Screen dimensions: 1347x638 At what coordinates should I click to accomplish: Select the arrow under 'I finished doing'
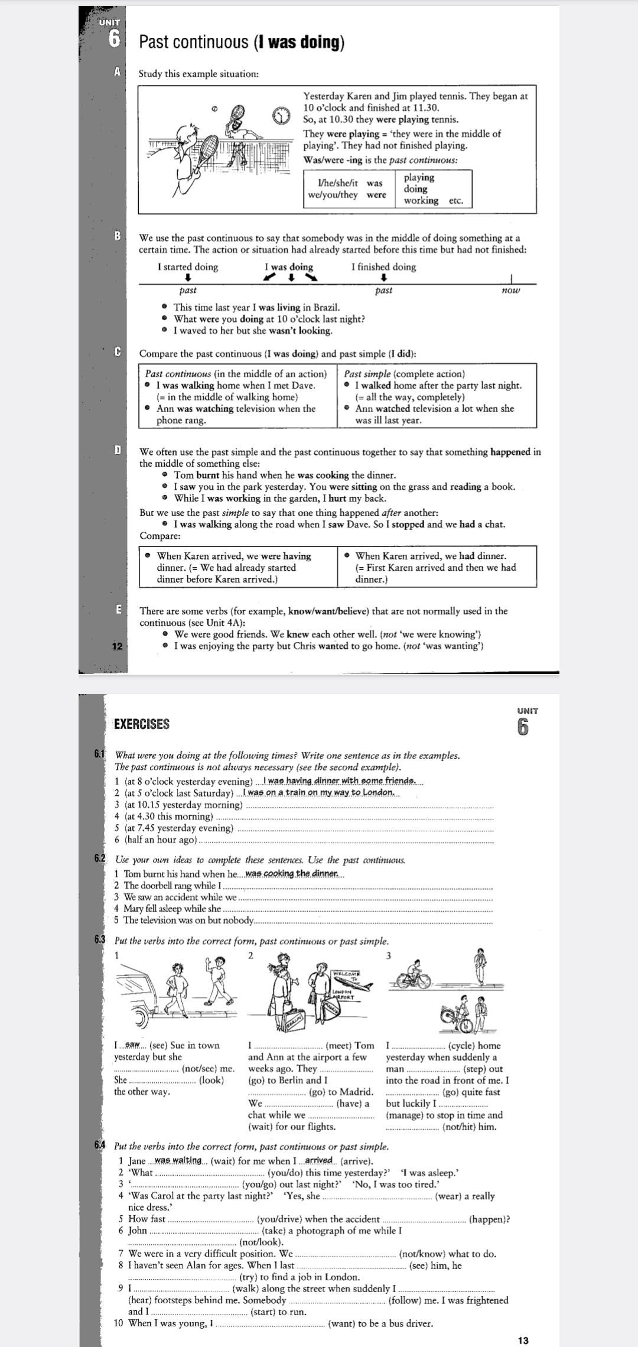coord(383,278)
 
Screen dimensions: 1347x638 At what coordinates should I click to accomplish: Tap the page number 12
coord(117,646)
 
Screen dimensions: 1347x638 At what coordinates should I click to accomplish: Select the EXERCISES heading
coord(142,724)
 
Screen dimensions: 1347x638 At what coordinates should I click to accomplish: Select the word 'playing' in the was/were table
coord(419,177)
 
